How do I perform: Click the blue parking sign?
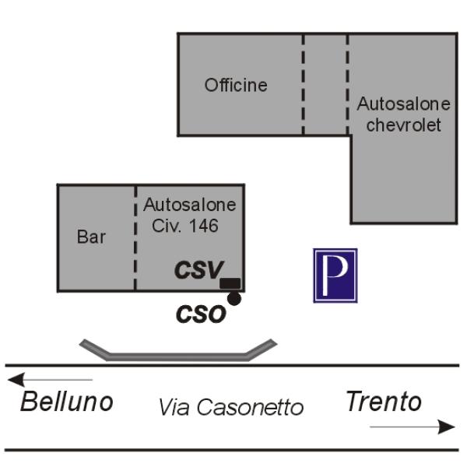(x=335, y=276)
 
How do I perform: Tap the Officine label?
(x=236, y=85)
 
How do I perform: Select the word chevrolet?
(x=403, y=125)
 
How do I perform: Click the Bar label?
(x=91, y=237)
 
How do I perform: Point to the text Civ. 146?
(x=185, y=226)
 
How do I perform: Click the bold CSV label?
(x=199, y=270)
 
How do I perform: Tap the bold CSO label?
(x=201, y=314)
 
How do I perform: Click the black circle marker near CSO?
(x=234, y=298)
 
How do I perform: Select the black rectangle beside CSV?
(x=230, y=283)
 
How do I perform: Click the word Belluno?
(x=67, y=402)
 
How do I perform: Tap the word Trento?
(x=384, y=401)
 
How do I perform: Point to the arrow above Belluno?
(x=50, y=380)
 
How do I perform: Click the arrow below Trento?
(x=413, y=427)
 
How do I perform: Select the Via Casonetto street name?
(x=231, y=407)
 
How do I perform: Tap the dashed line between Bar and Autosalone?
(x=135, y=237)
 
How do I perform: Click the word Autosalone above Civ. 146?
(x=190, y=205)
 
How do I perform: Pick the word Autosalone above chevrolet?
(x=403, y=104)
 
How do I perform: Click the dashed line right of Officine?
(x=304, y=85)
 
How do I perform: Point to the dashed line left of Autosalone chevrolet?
(x=347, y=85)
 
